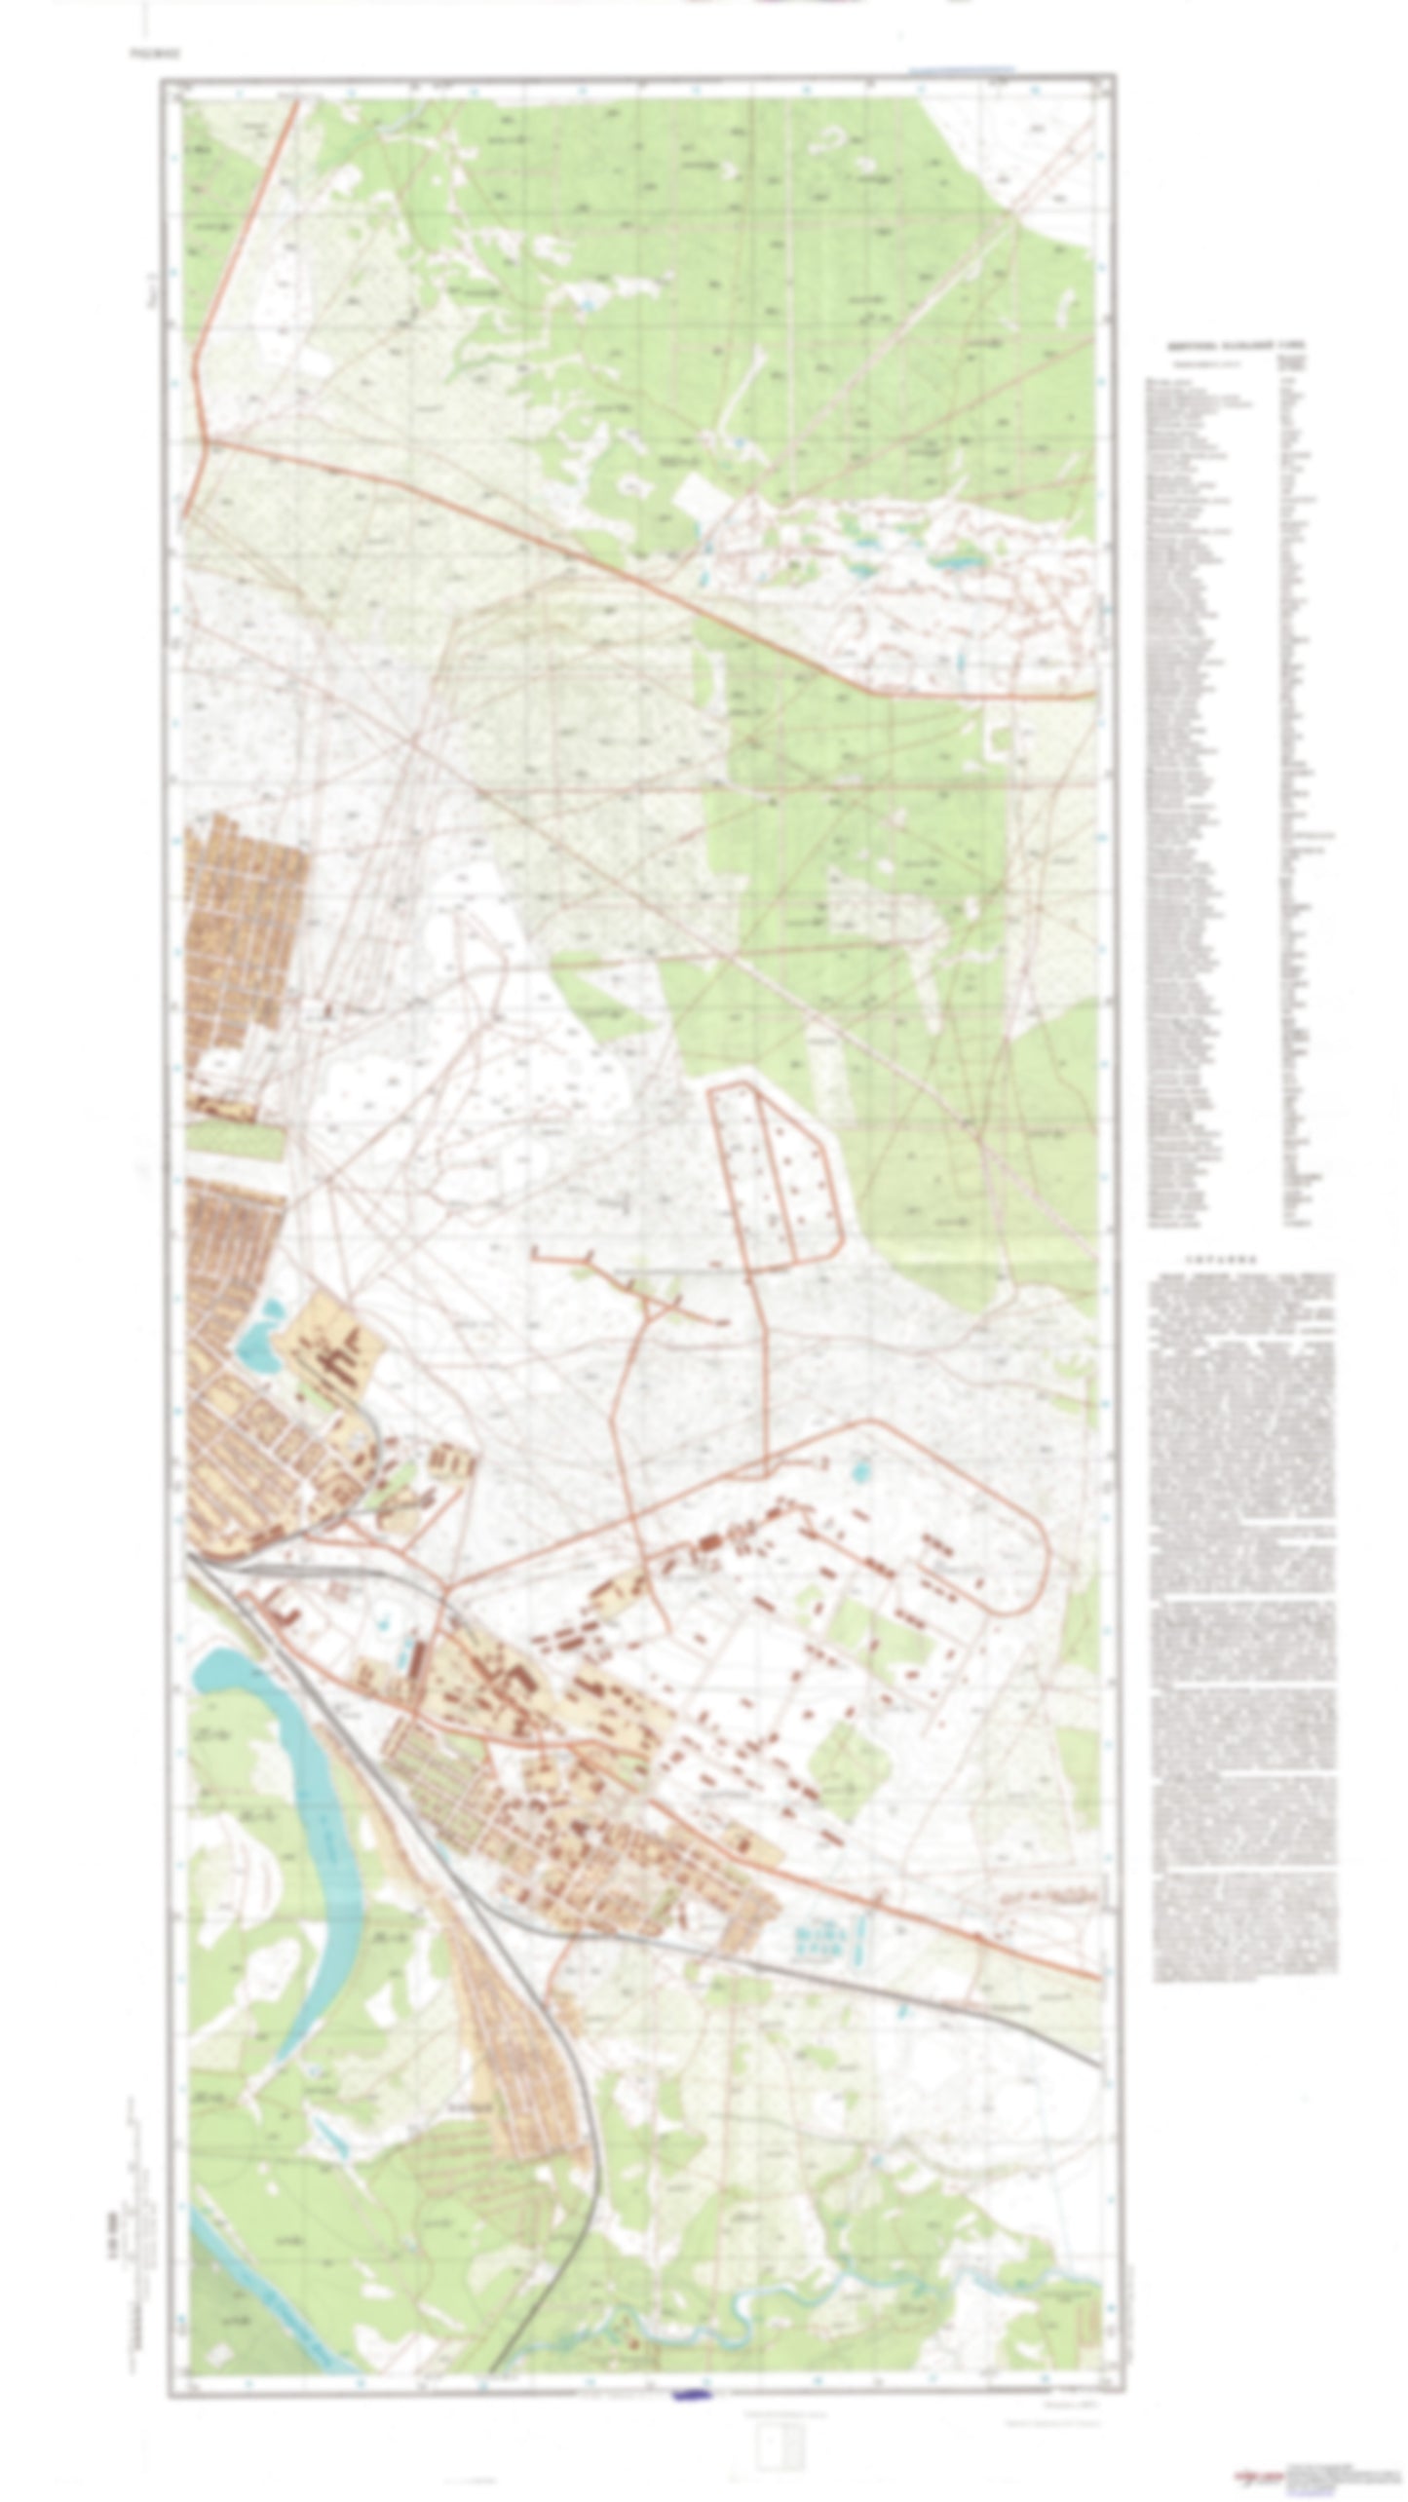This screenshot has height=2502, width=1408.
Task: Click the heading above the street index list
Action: (1237, 345)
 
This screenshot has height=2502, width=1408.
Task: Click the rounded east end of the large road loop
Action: (1045, 1549)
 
